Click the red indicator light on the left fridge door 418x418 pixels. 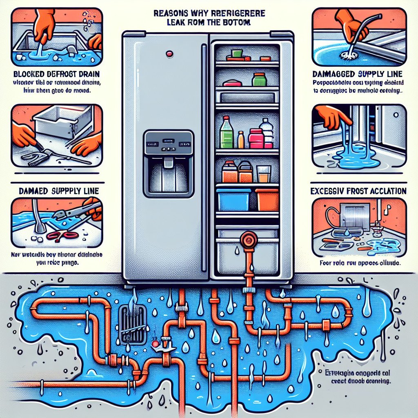tap(168, 53)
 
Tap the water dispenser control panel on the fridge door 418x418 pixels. tap(167, 145)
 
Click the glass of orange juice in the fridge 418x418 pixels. tap(264, 174)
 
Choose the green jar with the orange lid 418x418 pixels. tap(259, 79)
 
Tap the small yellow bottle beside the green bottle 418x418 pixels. tap(241, 140)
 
